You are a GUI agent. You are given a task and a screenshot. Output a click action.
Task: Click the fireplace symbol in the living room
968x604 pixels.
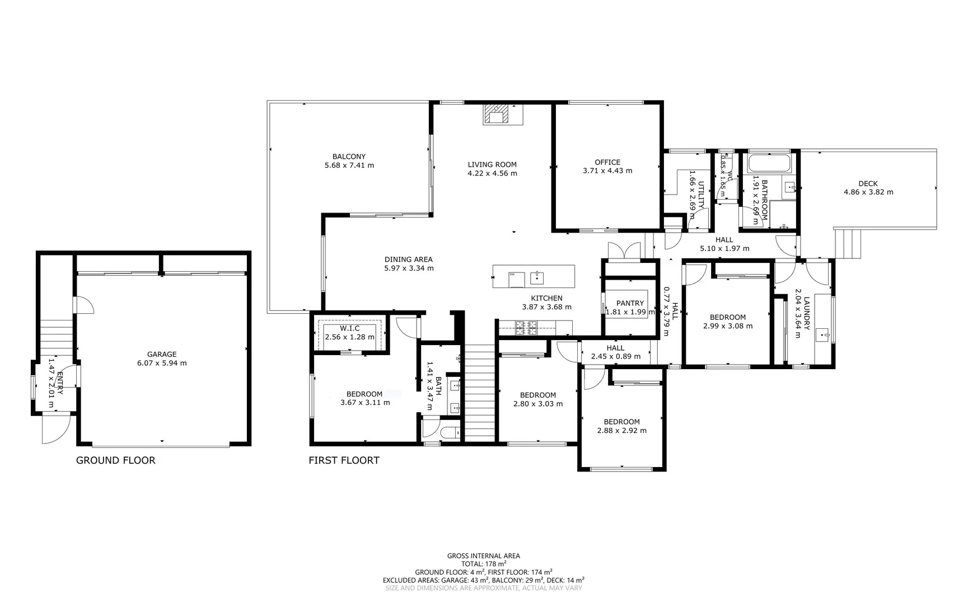pyautogui.click(x=497, y=114)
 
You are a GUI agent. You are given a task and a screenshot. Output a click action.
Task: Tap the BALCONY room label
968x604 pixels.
pyautogui.click(x=349, y=157)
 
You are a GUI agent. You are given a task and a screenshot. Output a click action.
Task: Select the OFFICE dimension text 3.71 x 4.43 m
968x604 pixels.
pyautogui.click(x=607, y=171)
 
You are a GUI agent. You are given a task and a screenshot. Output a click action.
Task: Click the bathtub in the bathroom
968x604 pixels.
pyautogui.click(x=770, y=164)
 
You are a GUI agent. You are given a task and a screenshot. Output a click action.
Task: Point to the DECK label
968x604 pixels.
pyautogui.click(x=868, y=183)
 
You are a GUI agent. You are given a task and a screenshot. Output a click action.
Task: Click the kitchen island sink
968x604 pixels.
pyautogui.click(x=537, y=277)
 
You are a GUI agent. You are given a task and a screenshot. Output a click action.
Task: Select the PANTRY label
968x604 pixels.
pyautogui.click(x=630, y=303)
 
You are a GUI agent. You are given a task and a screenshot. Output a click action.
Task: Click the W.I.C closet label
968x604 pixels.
pyautogui.click(x=349, y=328)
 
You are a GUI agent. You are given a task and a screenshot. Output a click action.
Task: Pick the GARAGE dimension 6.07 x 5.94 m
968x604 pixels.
pyautogui.click(x=162, y=363)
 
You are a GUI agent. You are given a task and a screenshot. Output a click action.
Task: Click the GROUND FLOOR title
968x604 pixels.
pyautogui.click(x=115, y=460)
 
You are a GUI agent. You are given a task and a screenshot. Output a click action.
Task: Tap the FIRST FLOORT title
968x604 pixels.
pyautogui.click(x=344, y=460)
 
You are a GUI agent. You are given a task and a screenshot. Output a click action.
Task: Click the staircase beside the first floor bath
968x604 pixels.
pyautogui.click(x=480, y=391)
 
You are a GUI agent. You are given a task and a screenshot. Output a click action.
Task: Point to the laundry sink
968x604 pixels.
pyautogui.click(x=824, y=335)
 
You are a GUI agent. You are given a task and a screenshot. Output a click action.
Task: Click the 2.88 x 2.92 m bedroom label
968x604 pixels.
pyautogui.click(x=621, y=430)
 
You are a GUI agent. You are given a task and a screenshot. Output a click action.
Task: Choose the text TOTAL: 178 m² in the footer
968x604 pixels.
pyautogui.click(x=483, y=564)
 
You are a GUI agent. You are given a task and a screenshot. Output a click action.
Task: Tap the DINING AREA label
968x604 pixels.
pyautogui.click(x=408, y=259)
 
